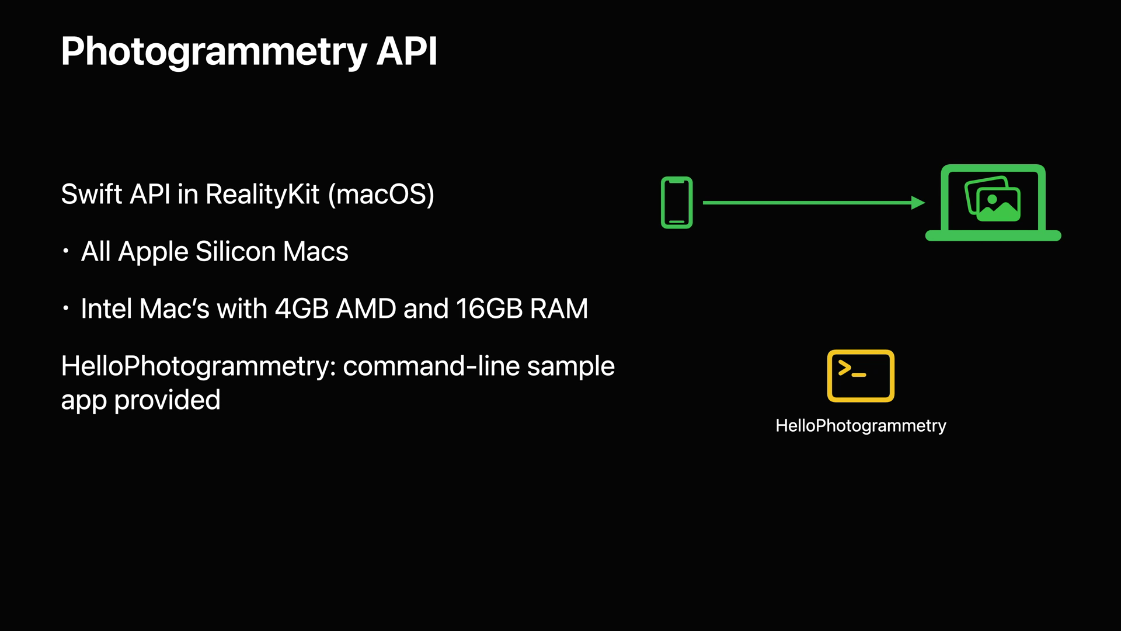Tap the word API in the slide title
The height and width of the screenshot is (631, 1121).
pos(406,51)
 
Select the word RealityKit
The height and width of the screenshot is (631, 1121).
pos(262,195)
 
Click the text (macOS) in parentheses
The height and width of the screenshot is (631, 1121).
pos(381,195)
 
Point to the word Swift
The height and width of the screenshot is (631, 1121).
pos(91,195)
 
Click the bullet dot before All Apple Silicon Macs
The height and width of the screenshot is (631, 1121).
pos(66,251)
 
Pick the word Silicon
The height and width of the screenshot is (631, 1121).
pos(235,252)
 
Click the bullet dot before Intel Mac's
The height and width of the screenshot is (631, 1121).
pos(66,308)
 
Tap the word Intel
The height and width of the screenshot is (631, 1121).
pos(106,308)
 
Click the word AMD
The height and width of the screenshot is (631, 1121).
pos(366,308)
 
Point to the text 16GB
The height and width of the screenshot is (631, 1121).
pos(489,308)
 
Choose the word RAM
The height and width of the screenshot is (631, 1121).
pos(558,308)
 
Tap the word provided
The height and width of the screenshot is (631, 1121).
pos(167,400)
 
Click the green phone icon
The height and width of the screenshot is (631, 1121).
pos(677,202)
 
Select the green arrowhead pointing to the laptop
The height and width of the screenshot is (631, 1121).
pos(917,203)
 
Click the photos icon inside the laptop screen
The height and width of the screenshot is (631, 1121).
pos(993,199)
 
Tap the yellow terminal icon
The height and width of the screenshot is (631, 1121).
pos(861,376)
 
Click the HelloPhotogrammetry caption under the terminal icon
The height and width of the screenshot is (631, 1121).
pos(861,426)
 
